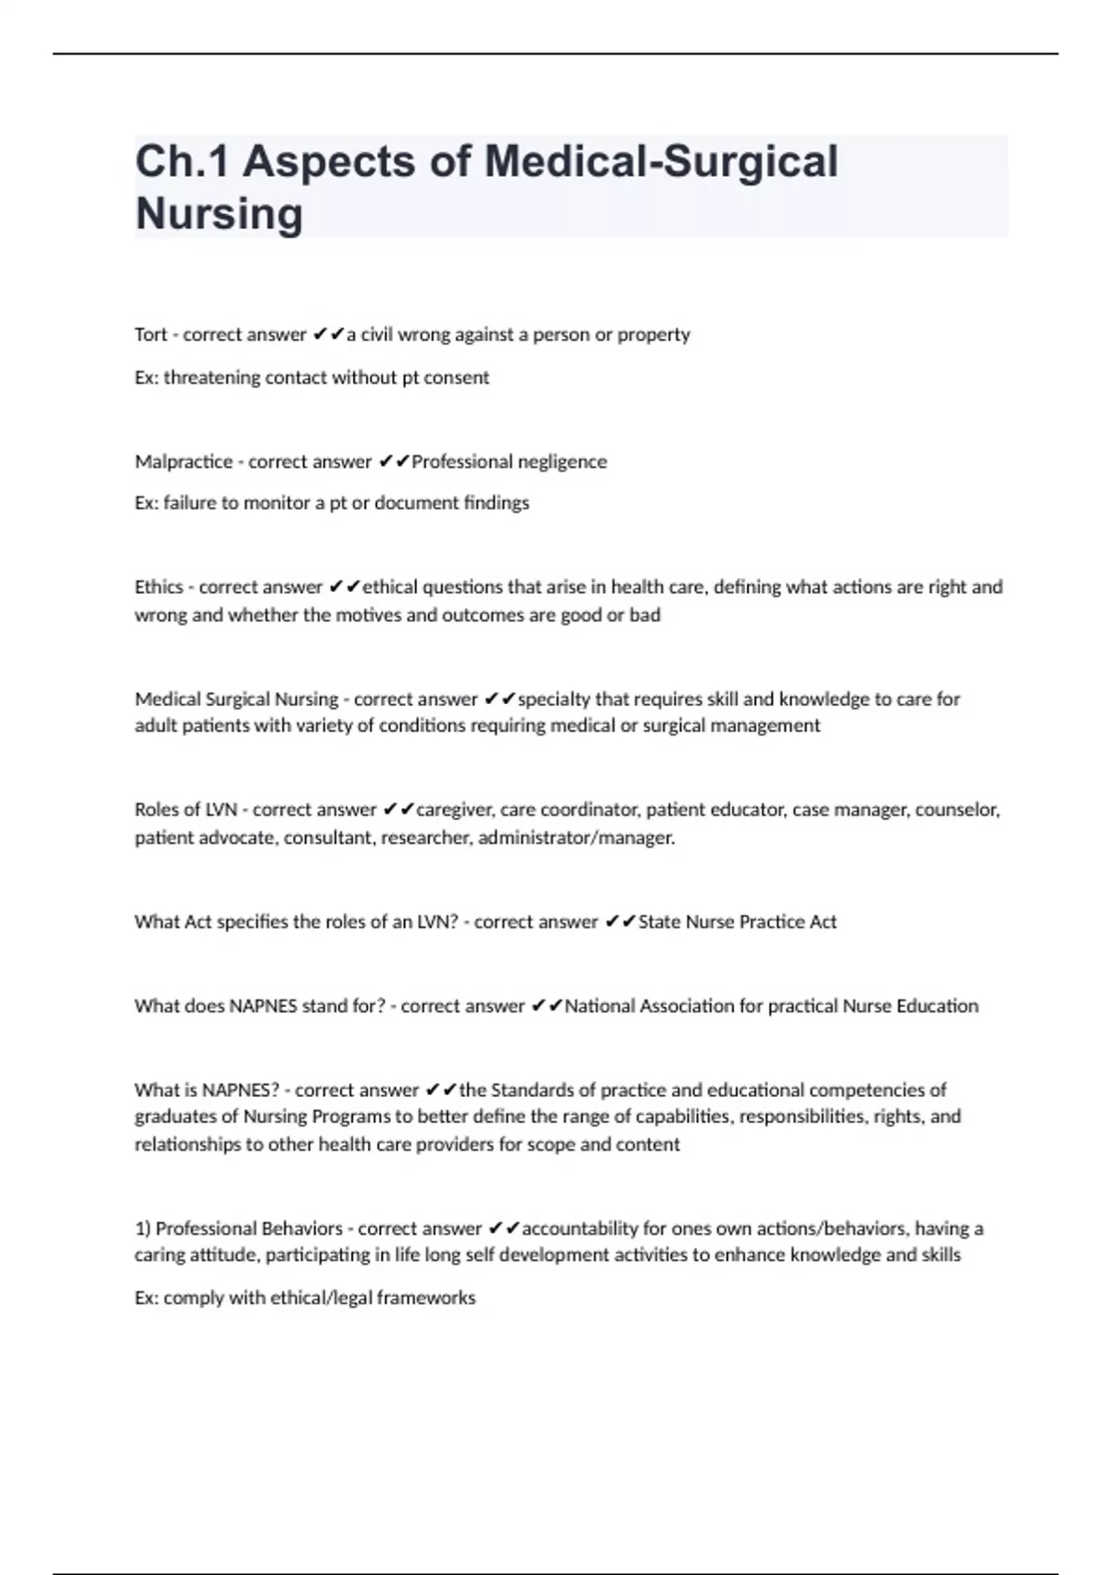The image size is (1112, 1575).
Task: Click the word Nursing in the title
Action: tap(219, 214)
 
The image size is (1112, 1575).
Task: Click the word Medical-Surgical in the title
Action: tap(661, 161)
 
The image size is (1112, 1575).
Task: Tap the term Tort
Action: tap(150, 334)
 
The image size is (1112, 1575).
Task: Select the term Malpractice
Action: tap(183, 461)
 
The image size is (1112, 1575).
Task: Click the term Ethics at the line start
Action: tap(158, 587)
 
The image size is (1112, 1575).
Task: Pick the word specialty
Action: tap(553, 699)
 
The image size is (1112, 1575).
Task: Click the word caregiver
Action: tap(454, 810)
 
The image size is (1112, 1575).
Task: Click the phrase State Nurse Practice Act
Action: tap(738, 922)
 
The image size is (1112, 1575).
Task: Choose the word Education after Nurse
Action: tap(937, 1006)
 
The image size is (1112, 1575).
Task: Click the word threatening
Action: tap(212, 378)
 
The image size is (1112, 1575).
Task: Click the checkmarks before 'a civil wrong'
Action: tap(329, 334)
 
